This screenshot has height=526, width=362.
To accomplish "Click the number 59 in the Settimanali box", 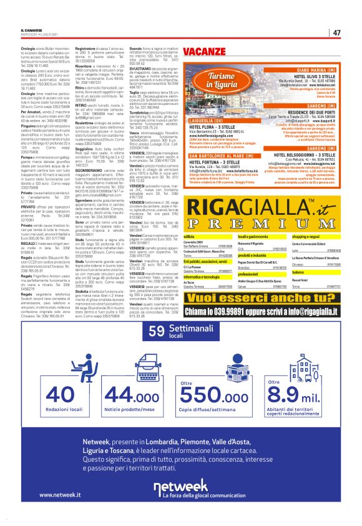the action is click(157, 312).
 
